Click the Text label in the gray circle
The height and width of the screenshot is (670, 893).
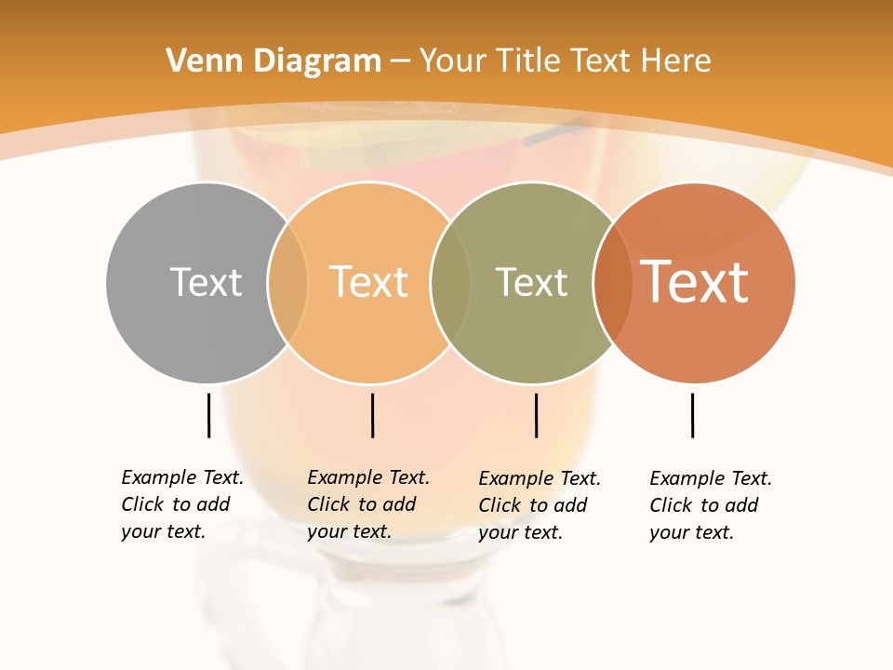pos(206,282)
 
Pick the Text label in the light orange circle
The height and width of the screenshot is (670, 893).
pos(369,282)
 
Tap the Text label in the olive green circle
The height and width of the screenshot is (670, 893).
pos(531,283)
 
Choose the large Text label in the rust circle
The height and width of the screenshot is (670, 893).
pos(695,282)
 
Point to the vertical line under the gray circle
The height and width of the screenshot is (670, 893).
pos(208,415)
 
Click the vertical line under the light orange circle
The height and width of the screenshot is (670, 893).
pos(372,415)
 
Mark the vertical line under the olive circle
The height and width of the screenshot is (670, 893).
pos(536,415)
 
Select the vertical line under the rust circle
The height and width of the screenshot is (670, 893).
pos(692,415)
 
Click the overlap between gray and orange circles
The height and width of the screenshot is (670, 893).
pos(287,282)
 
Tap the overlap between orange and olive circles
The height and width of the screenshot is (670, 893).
pos(450,282)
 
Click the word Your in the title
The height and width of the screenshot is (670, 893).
pos(454,61)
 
